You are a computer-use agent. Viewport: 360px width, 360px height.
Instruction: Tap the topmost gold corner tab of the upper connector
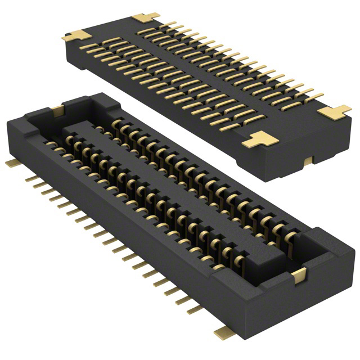146,17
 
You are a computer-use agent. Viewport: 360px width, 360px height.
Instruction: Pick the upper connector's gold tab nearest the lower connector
260,139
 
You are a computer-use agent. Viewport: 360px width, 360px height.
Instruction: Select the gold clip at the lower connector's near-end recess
299,274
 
